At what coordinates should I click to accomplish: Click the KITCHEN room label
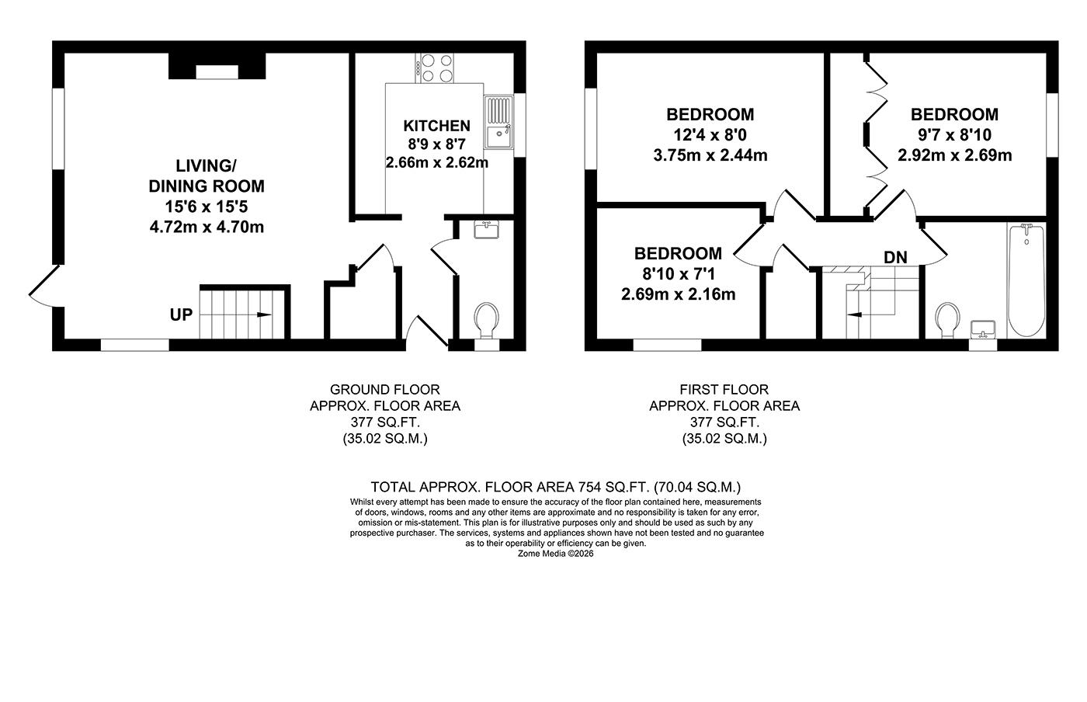click(436, 126)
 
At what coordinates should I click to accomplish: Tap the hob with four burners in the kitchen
click(436, 68)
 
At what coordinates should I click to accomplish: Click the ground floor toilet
click(487, 321)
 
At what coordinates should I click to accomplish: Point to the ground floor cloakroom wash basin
click(487, 230)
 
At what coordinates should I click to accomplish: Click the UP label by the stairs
click(181, 315)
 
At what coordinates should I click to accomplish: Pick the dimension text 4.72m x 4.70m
click(207, 227)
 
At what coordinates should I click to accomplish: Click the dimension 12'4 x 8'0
click(710, 135)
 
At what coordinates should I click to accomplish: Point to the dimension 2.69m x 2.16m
click(678, 294)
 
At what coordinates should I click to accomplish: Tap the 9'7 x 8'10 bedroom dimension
click(954, 135)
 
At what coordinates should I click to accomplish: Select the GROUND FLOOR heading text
click(384, 389)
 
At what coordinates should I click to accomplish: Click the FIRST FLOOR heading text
click(724, 389)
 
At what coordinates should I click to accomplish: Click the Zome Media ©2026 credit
click(555, 554)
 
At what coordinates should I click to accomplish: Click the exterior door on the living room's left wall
click(43, 284)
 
